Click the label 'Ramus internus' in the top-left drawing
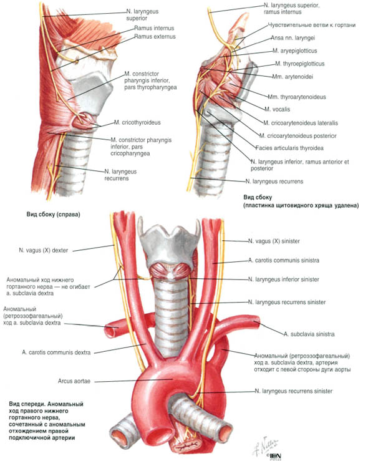pyautogui.click(x=154, y=28)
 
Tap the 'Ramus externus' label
pyautogui.click(x=155, y=36)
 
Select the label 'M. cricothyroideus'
pyautogui.click(x=137, y=122)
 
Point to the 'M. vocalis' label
pyautogui.click(x=277, y=109)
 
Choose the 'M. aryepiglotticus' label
pyautogui.click(x=295, y=51)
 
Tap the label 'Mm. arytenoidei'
pyautogui.click(x=293, y=77)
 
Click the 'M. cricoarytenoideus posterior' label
pyautogui.click(x=298, y=136)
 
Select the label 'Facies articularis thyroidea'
pyautogui.click(x=289, y=148)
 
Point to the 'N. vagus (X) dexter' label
pyautogui.click(x=44, y=251)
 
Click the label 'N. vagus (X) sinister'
pyautogui.click(x=274, y=241)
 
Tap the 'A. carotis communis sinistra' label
pyautogui.click(x=284, y=260)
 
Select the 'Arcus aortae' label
pyautogui.click(x=74, y=381)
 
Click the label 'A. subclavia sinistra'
pyautogui.click(x=309, y=334)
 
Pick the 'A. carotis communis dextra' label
pyautogui.click(x=56, y=352)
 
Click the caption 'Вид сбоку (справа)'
pyautogui.click(x=53, y=215)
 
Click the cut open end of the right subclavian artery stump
pyautogui.click(x=110, y=331)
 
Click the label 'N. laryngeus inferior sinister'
pyautogui.click(x=284, y=279)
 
